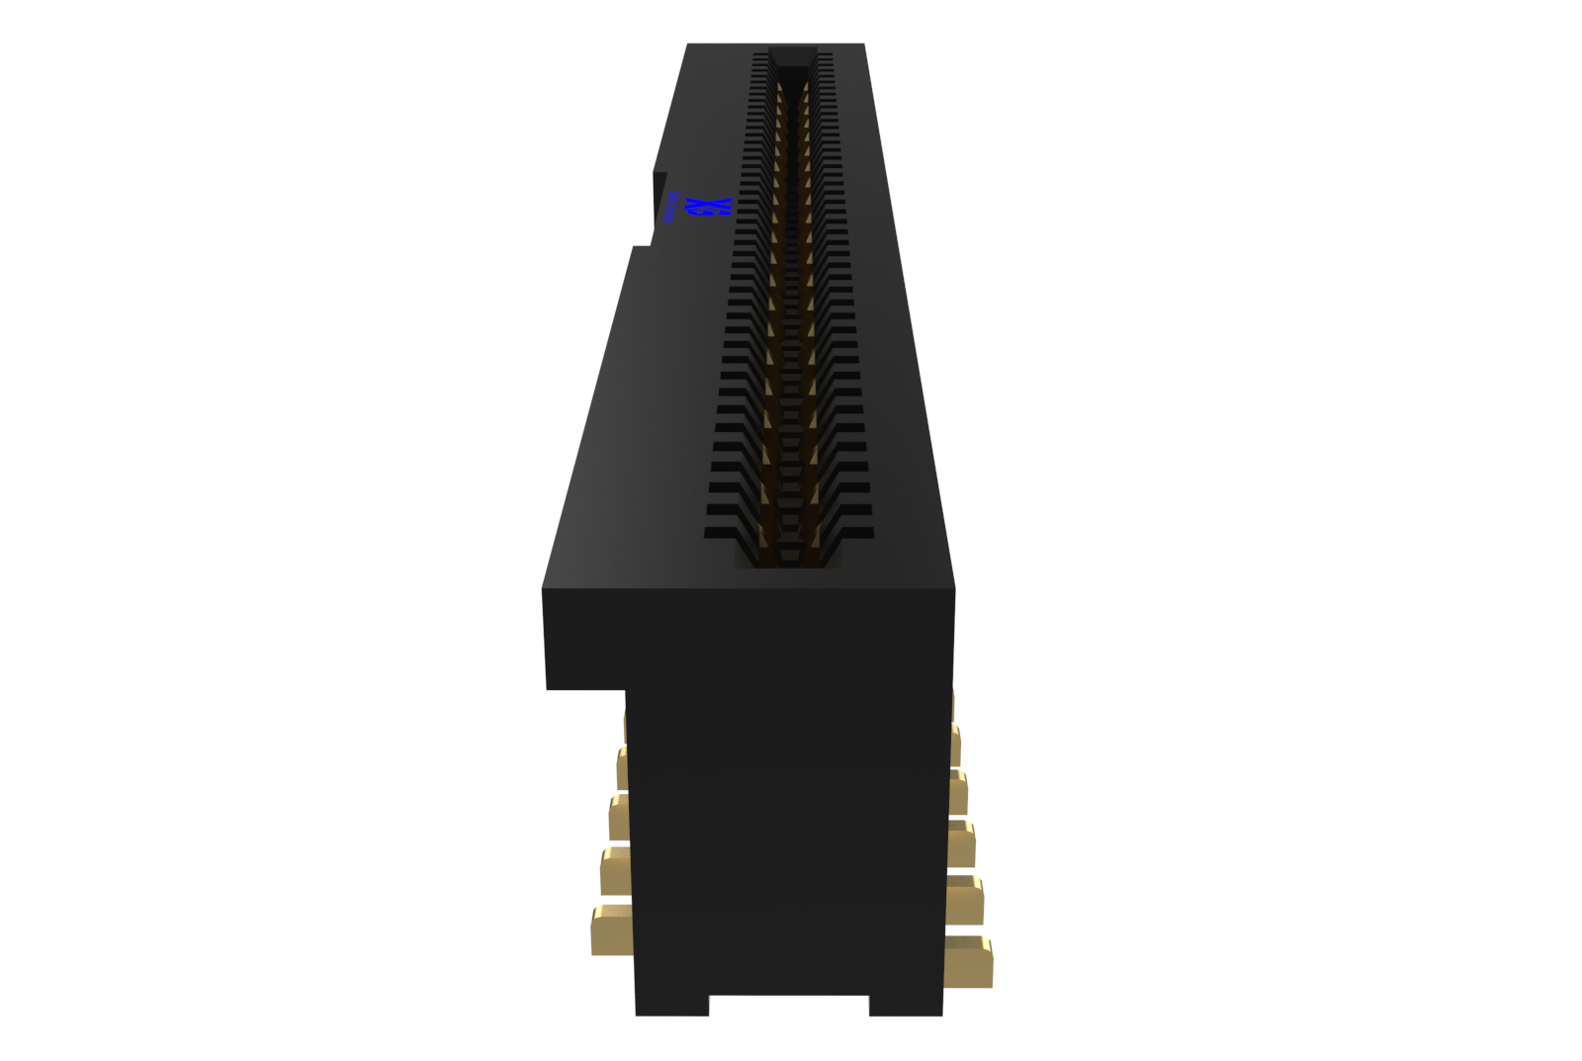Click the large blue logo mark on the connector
coord(711,208)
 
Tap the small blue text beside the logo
coord(672,208)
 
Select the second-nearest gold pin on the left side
coord(616,870)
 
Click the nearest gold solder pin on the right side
coord(968,961)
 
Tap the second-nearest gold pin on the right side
coord(964,899)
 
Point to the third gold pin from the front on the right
coord(961,842)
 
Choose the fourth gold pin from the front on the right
coord(958,793)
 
